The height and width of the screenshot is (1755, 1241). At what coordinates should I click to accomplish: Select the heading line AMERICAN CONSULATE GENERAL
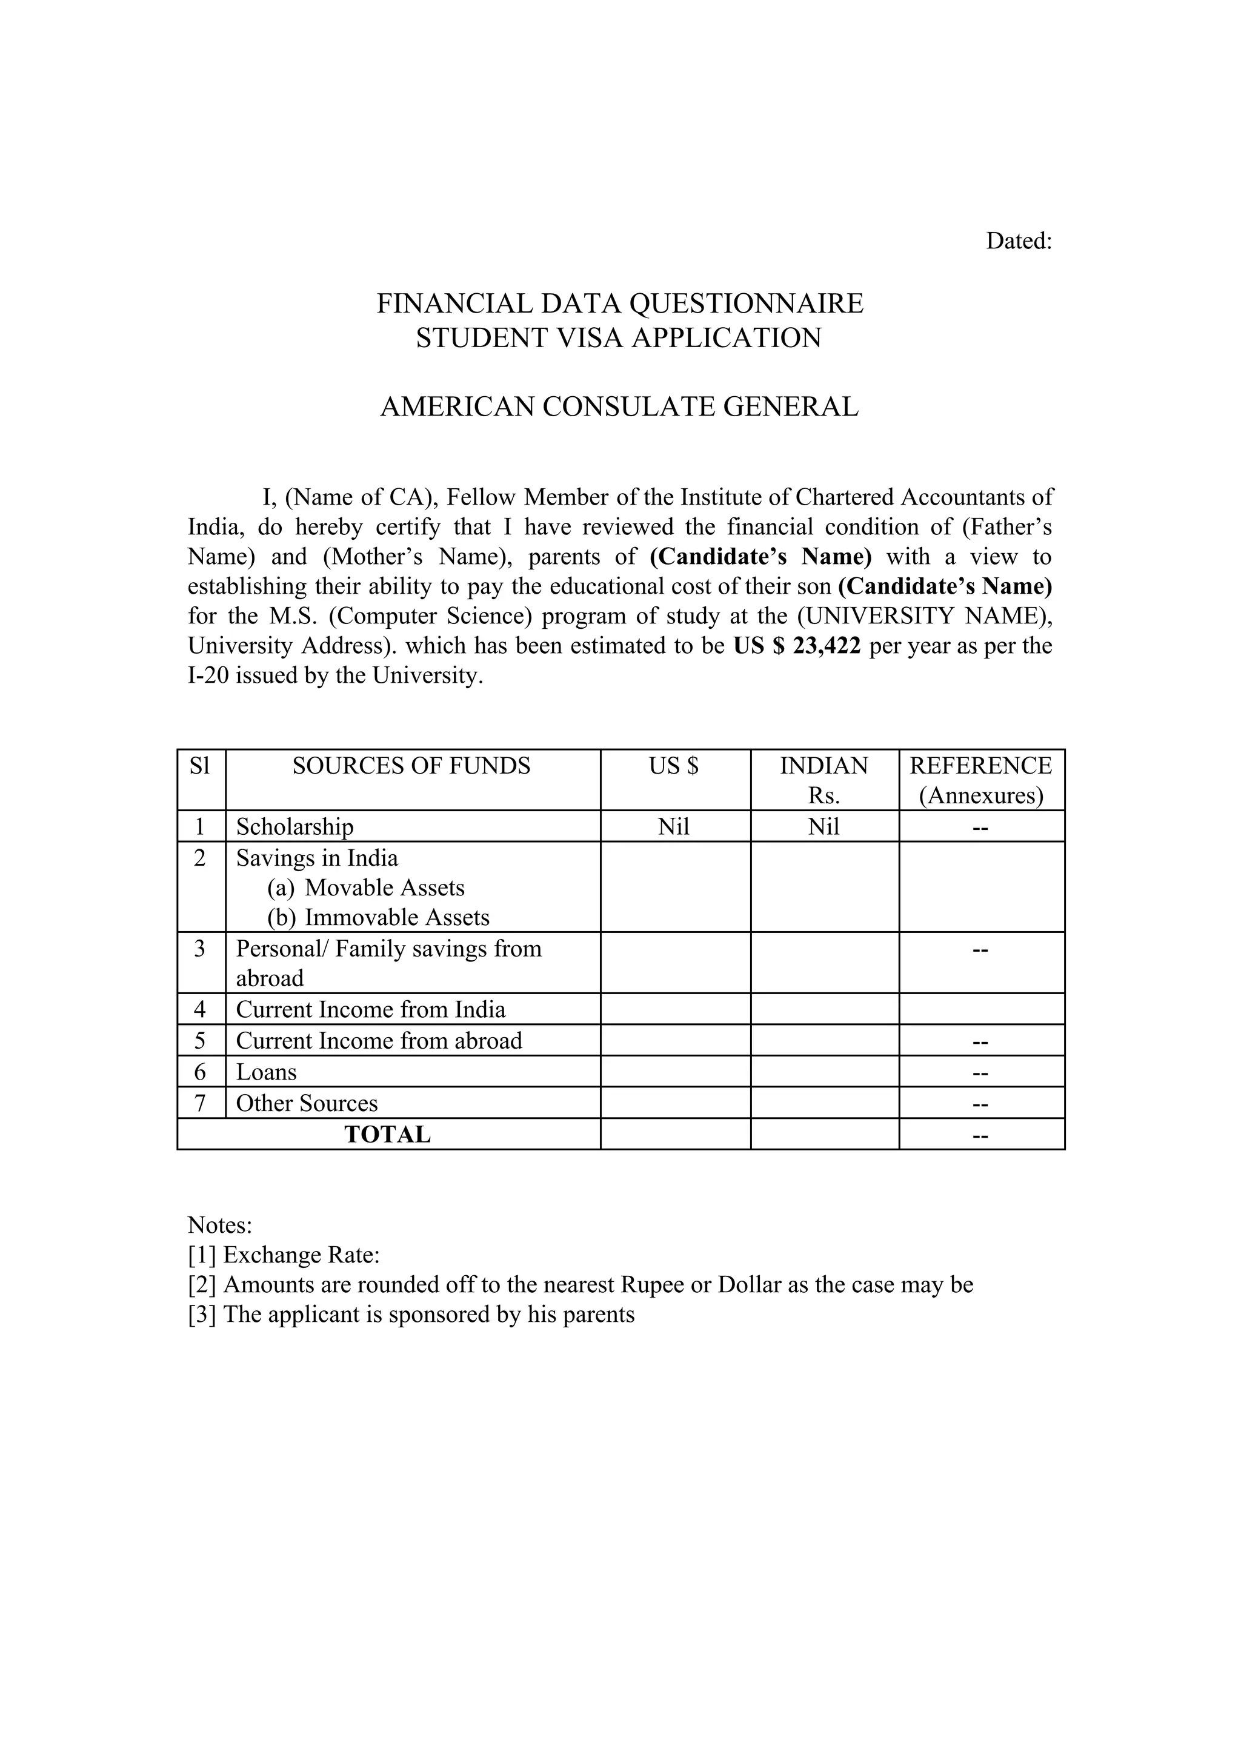pos(619,406)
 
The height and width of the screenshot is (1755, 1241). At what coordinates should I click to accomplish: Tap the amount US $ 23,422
pos(797,646)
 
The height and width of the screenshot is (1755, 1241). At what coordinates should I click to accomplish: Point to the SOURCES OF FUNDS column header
pos(411,766)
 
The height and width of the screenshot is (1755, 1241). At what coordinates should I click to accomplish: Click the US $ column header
pos(674,766)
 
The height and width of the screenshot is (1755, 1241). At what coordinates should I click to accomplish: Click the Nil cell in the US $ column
pos(674,826)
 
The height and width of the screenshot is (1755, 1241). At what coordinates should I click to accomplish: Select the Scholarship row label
pos(294,826)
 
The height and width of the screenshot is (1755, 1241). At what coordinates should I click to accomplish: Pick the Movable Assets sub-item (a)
pos(365,887)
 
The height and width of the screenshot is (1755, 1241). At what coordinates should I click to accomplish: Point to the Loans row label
pos(266,1072)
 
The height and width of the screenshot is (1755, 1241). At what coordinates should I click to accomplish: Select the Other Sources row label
pos(307,1103)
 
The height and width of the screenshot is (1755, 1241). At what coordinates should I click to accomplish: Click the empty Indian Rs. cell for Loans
pos(824,1072)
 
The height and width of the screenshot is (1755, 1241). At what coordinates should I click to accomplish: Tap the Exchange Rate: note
pos(284,1255)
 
